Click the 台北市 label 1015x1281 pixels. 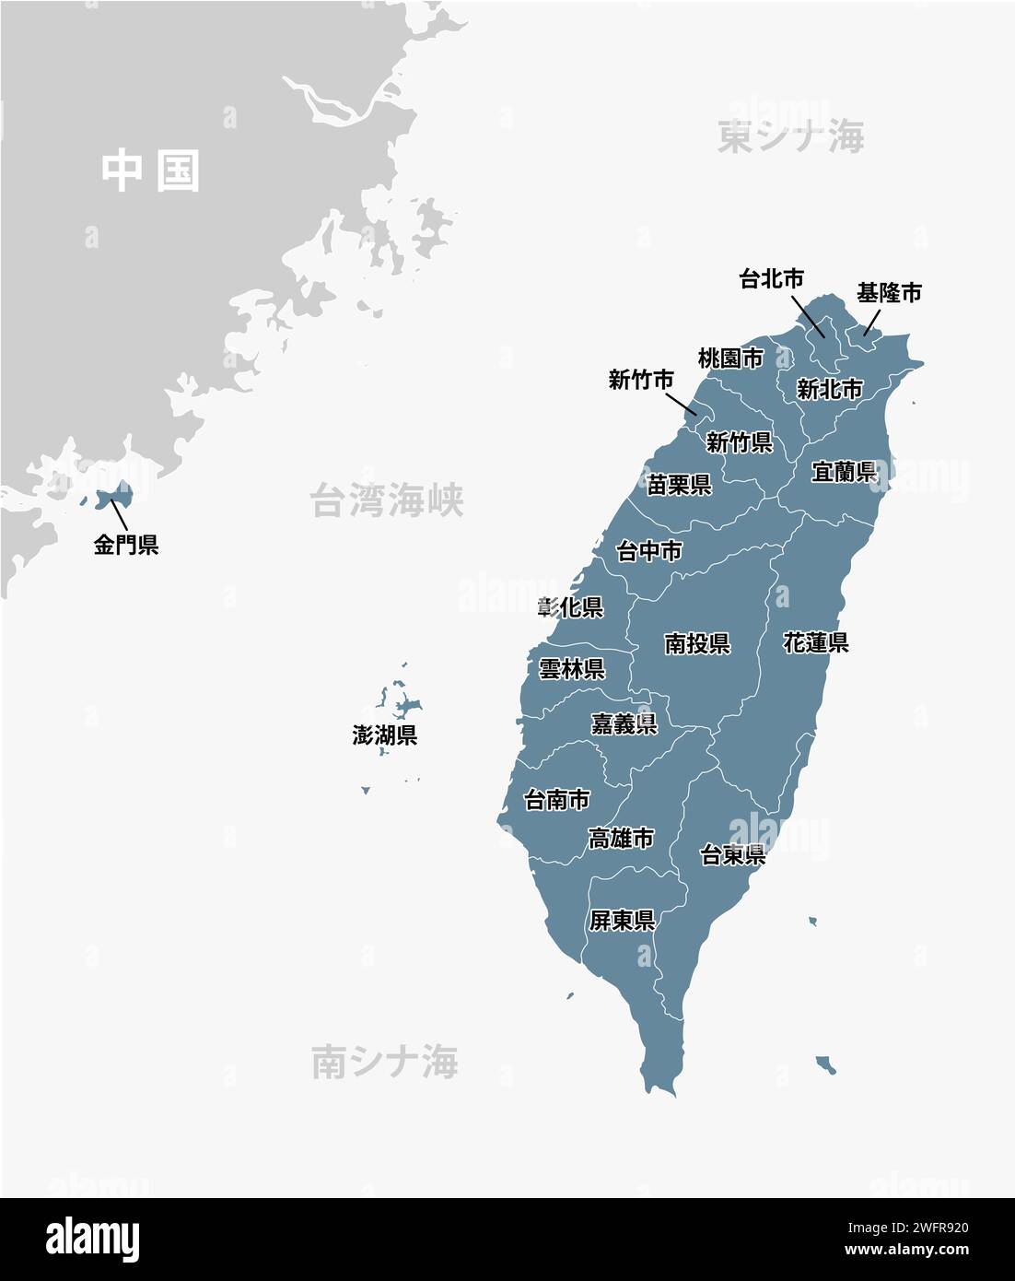tap(772, 278)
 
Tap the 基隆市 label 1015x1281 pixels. tap(888, 293)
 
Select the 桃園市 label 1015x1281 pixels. tap(730, 358)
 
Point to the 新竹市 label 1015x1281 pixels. tap(640, 379)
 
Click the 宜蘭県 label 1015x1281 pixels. tap(844, 472)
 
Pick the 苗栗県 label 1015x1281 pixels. tap(679, 485)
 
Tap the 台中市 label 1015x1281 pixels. tap(649, 551)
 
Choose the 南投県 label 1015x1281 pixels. tap(697, 643)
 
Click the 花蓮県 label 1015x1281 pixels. tap(815, 642)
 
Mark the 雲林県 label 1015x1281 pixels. tap(571, 669)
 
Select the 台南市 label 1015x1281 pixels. tap(556, 799)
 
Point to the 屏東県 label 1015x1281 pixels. tap(622, 920)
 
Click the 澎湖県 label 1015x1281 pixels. tap(385, 735)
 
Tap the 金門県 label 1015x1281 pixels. tap(126, 545)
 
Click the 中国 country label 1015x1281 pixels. tap(150, 171)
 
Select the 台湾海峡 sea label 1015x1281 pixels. tap(386, 499)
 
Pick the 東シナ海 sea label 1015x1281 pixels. tap(790, 137)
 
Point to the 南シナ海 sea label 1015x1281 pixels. tap(384, 1062)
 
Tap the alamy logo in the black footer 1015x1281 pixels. tap(93, 1240)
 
